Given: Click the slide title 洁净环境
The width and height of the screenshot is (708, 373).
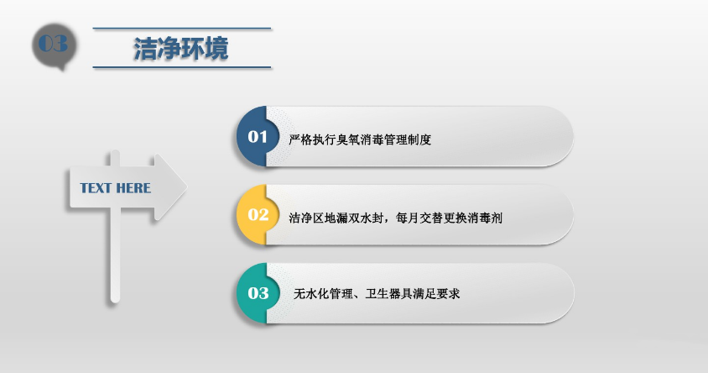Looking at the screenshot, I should (181, 48).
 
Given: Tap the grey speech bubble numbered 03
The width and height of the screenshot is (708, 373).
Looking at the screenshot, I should (53, 45).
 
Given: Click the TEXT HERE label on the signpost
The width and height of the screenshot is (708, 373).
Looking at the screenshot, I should (116, 188).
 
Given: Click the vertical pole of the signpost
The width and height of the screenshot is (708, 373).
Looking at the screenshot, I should (116, 260).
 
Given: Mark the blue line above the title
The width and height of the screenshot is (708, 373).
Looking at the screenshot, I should (182, 29).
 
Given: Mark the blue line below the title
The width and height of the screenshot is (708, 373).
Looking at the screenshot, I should (182, 67).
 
